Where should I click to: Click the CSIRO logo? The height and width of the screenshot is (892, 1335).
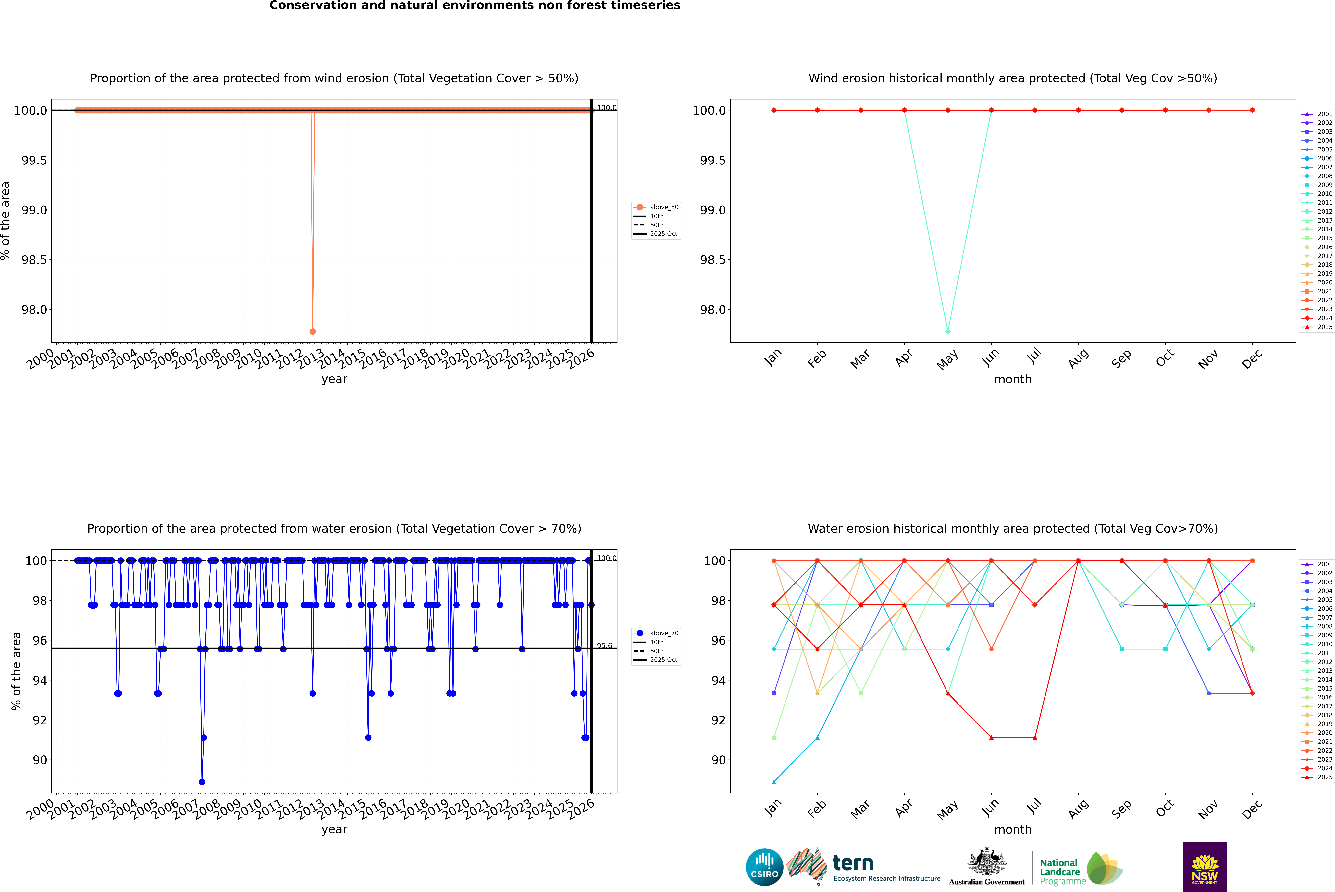pos(764,867)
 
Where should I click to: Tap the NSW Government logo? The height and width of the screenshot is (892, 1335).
pos(1205,867)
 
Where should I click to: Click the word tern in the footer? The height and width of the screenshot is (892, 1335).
pos(852,864)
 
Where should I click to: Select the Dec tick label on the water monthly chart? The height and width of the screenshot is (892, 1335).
pos(1252,809)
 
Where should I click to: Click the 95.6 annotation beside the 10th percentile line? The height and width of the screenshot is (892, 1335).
pos(604,646)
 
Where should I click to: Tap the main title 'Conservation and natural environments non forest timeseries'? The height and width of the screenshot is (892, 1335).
pos(475,6)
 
